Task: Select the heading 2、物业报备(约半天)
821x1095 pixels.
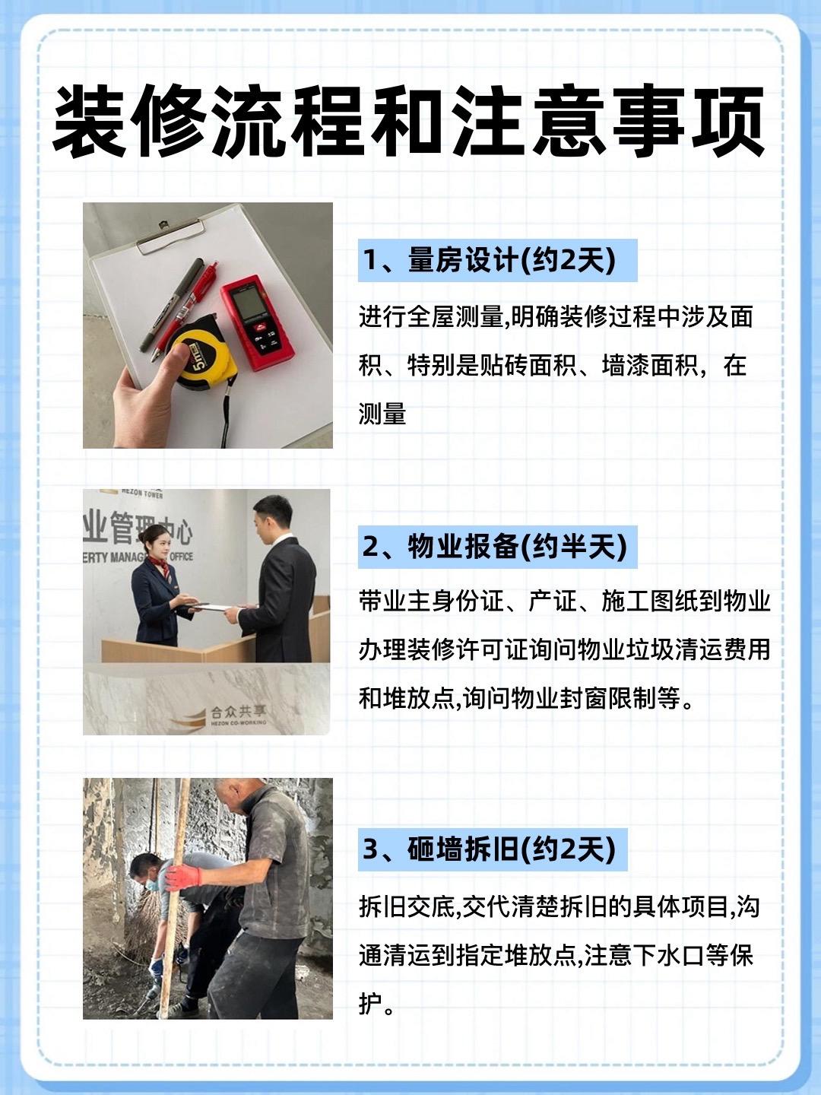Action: coord(494,546)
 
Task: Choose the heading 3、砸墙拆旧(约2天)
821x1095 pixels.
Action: coord(489,849)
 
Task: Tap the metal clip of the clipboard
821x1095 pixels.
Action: coord(170,236)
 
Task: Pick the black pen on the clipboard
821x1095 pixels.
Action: coord(173,303)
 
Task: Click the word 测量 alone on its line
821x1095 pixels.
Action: coord(382,414)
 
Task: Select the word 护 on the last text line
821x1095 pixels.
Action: coord(370,1000)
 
